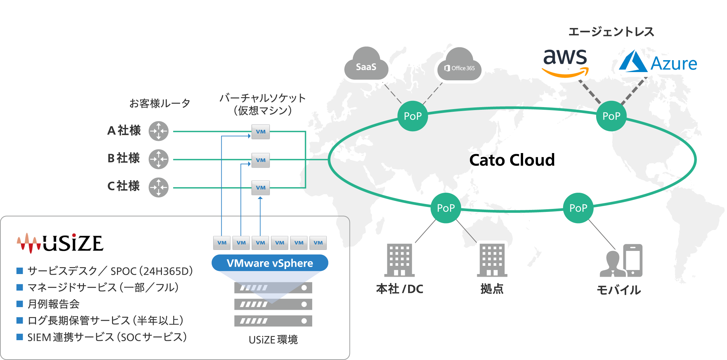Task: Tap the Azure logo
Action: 658,62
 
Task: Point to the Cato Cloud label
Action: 512,160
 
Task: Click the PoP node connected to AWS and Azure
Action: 611,116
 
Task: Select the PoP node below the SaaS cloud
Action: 412,116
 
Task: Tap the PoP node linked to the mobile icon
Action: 578,208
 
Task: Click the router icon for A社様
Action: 159,131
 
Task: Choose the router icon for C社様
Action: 159,187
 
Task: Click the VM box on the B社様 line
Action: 260,160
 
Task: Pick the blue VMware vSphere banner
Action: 270,263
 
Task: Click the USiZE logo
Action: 60,243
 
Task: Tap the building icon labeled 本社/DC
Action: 399,260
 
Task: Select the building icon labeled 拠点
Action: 492,260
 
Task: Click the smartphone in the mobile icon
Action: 632,260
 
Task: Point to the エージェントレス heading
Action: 611,32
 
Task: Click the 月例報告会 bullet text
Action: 54,304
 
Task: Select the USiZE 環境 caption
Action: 273,340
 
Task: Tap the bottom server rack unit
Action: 273,321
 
